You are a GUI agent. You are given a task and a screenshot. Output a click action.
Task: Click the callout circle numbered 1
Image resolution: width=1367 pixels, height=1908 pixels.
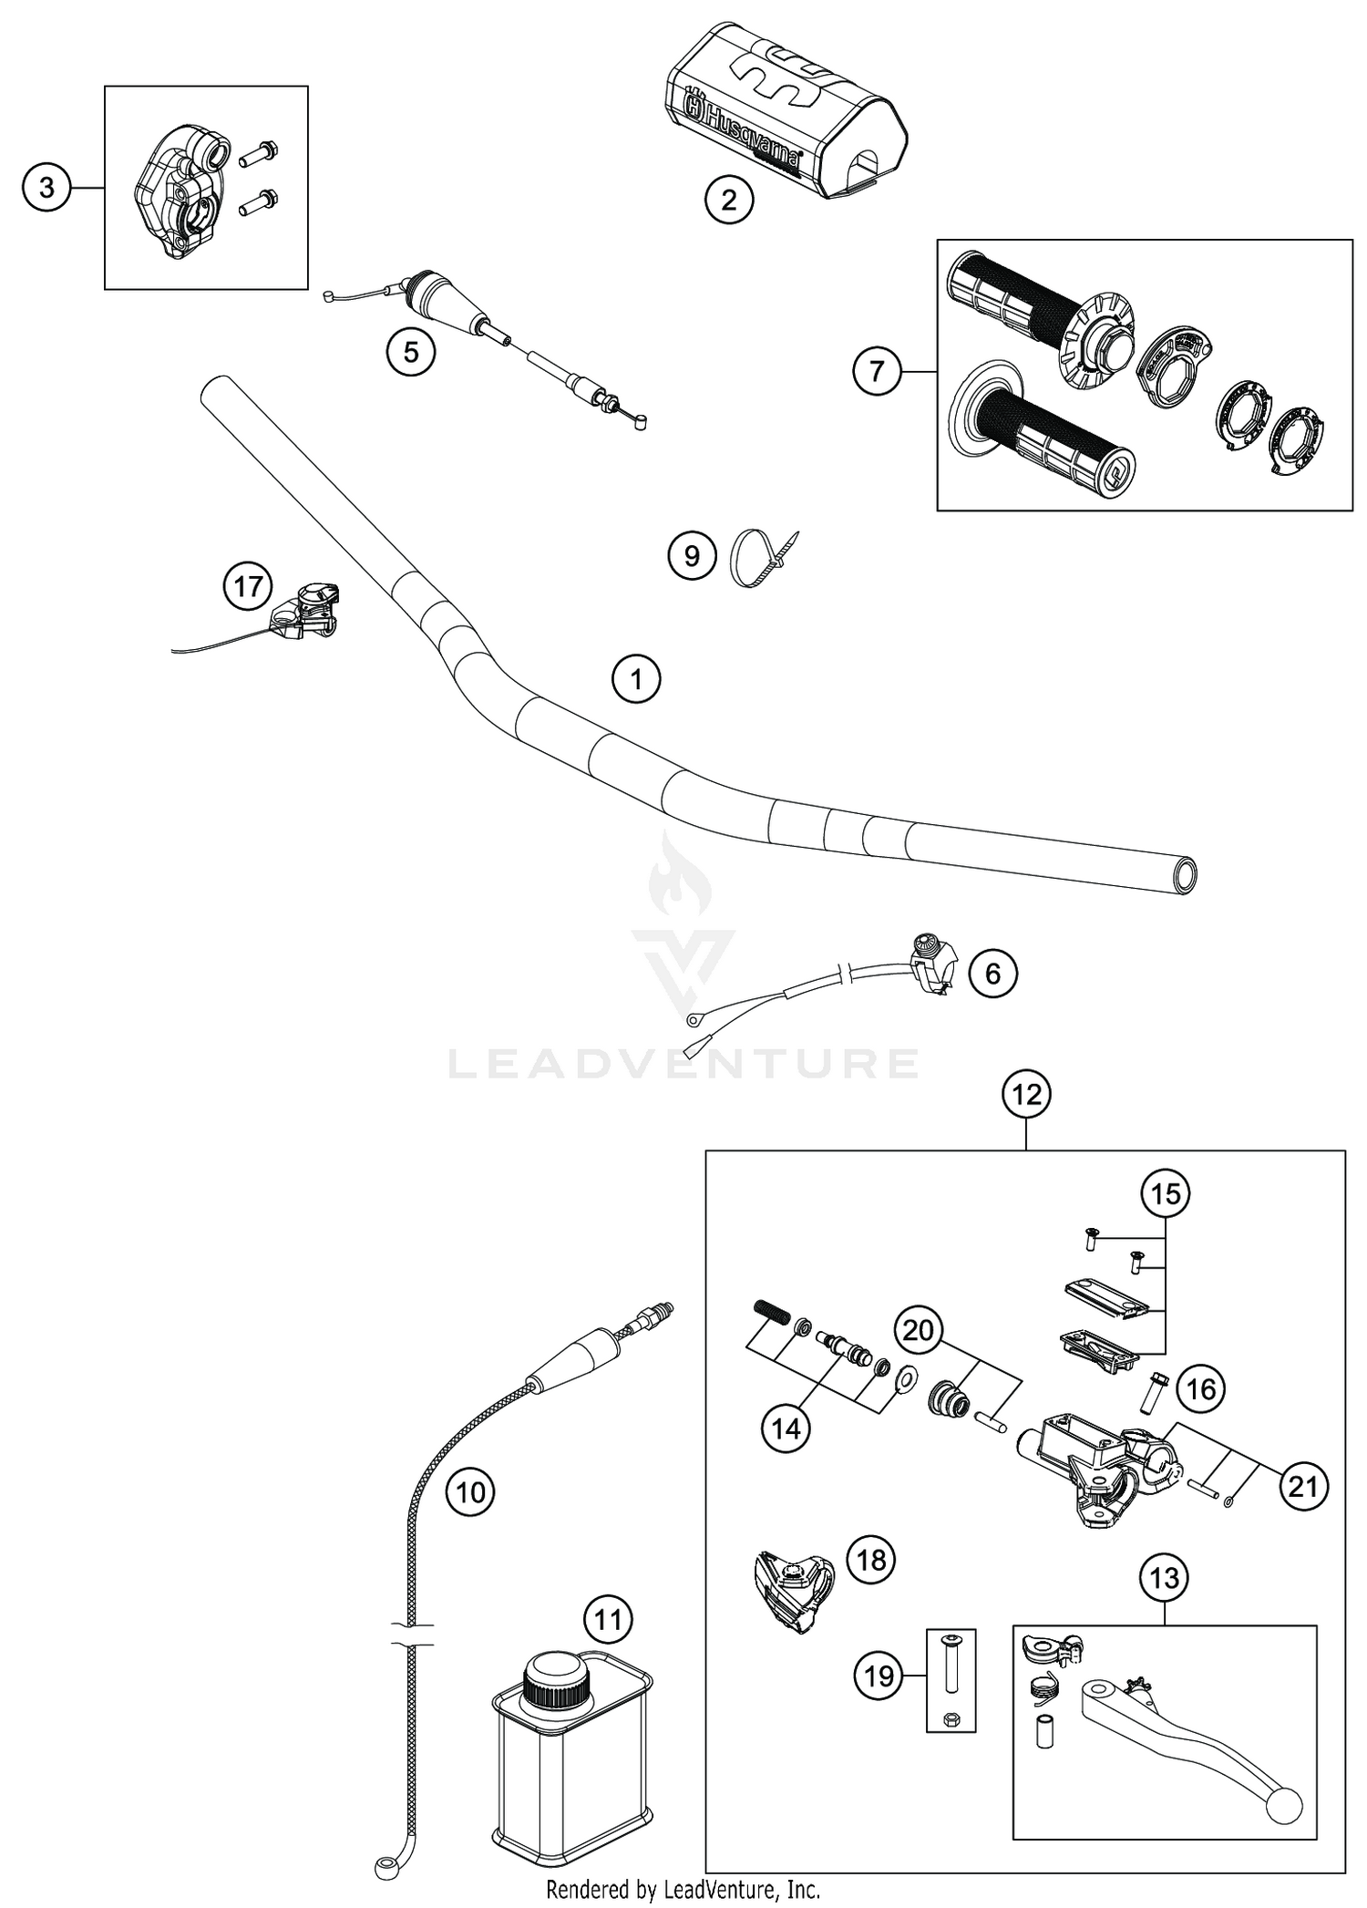636,679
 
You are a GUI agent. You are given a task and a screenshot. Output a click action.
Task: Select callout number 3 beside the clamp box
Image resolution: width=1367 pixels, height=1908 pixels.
46,188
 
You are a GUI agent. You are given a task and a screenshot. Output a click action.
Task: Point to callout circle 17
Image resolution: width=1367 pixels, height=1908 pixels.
248,586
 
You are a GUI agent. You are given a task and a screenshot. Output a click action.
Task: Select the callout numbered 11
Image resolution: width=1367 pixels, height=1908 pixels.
608,1619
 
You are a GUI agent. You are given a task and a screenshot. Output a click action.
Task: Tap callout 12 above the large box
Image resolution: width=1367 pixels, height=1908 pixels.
1026,1095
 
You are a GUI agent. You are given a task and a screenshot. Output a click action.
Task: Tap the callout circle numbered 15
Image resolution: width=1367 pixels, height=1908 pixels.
1166,1193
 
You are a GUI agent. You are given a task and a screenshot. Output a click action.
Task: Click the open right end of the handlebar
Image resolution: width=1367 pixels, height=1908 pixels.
1185,875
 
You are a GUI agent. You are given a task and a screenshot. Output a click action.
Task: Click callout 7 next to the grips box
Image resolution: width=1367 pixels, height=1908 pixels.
877,372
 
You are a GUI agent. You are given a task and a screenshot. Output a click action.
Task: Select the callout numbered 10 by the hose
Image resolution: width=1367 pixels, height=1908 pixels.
470,1492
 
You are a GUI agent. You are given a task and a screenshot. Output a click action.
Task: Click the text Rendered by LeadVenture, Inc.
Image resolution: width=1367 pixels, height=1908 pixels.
683,1889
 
